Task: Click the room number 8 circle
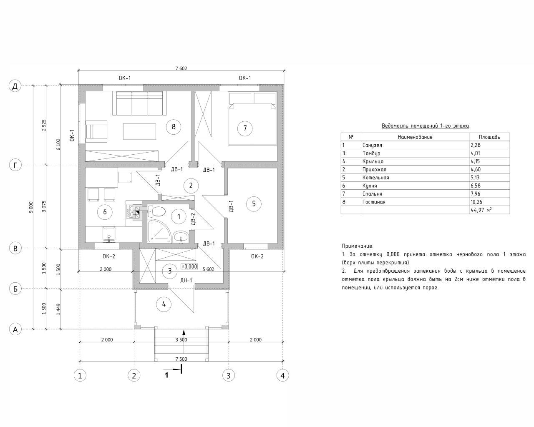(x=174, y=127)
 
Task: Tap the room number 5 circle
(x=254, y=203)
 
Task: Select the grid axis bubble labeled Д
(x=15, y=86)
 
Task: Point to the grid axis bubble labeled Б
(x=15, y=289)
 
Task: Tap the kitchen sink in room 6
(x=109, y=234)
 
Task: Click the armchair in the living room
(x=96, y=131)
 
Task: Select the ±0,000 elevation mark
(x=189, y=266)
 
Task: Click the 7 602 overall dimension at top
(x=181, y=68)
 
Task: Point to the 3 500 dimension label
(x=181, y=340)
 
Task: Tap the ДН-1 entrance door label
(x=186, y=280)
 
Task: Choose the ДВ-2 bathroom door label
(x=194, y=219)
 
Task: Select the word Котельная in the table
(x=376, y=178)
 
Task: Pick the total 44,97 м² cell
(x=481, y=210)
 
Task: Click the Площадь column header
(x=489, y=137)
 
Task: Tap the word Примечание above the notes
(x=358, y=246)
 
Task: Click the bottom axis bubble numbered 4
(x=282, y=376)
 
